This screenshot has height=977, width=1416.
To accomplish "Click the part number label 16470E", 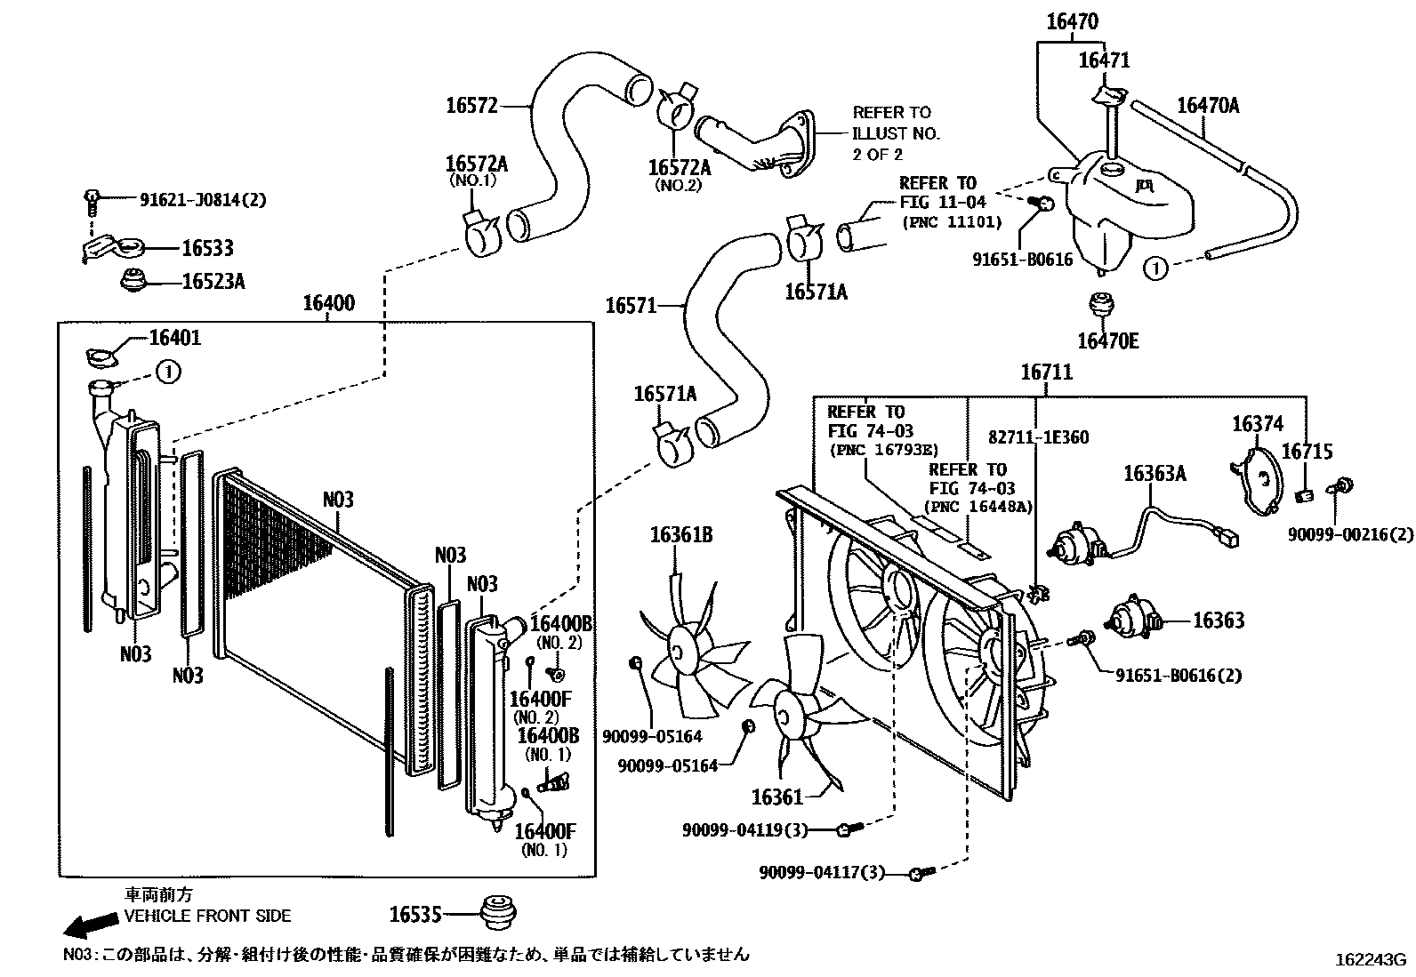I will click(x=1107, y=340).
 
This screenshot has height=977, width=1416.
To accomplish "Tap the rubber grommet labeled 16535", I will click(x=498, y=912).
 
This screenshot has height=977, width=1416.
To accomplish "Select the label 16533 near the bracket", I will click(x=207, y=248).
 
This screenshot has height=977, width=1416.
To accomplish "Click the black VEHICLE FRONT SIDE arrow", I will click(x=91, y=925).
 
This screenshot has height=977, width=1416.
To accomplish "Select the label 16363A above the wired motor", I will click(x=1155, y=473).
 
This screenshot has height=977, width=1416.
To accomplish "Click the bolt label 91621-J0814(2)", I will click(x=203, y=200).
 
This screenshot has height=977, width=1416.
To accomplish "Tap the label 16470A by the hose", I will click(x=1207, y=106).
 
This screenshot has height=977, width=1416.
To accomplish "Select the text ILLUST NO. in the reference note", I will click(x=896, y=133).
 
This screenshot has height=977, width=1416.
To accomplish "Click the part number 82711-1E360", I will click(x=1039, y=437).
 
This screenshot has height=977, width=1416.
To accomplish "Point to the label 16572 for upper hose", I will click(x=471, y=106).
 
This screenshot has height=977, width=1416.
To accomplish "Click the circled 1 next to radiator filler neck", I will click(x=168, y=371).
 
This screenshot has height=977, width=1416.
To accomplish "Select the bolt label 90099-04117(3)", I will click(x=822, y=872).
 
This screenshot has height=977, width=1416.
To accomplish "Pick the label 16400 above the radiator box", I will click(x=328, y=303).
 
